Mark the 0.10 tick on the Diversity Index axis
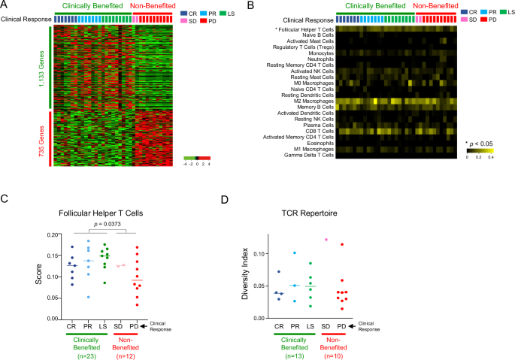(259, 254)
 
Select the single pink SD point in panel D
(326, 240)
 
